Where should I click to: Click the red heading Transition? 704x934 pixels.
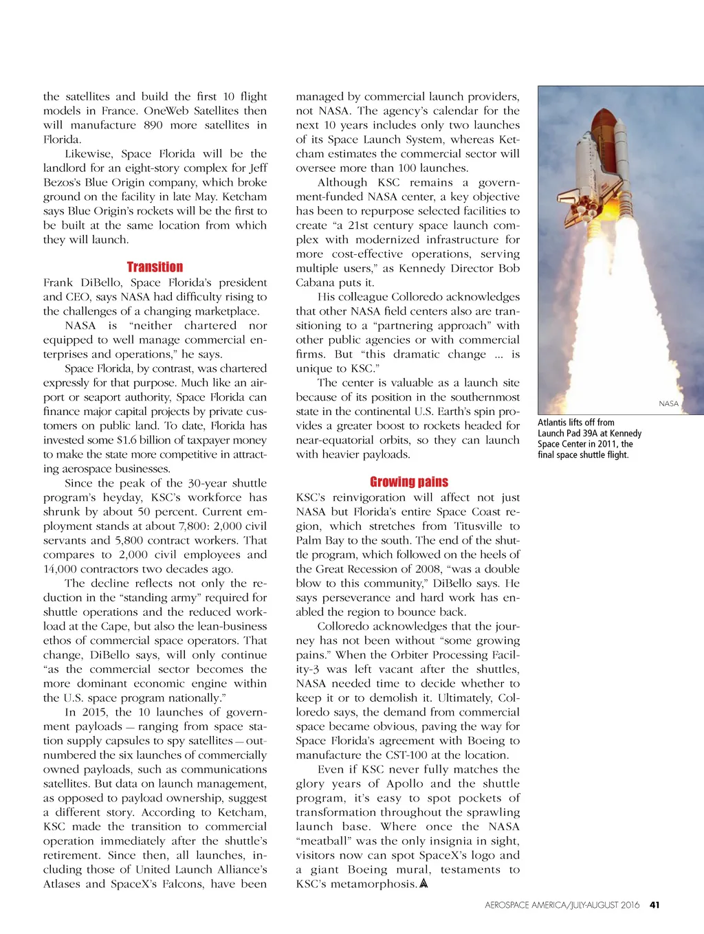155,267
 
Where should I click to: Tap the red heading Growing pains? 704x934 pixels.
408,482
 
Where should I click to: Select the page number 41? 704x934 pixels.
654,905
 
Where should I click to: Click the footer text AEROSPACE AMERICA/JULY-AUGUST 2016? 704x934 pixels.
562,905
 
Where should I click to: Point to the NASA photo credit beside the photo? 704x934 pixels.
668,404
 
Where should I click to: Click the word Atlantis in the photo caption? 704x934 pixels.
551,423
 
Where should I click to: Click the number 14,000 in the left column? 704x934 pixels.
60,569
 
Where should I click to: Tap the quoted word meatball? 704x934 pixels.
322,841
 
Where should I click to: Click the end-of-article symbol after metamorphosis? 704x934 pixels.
423,884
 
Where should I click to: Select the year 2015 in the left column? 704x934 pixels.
94,713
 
